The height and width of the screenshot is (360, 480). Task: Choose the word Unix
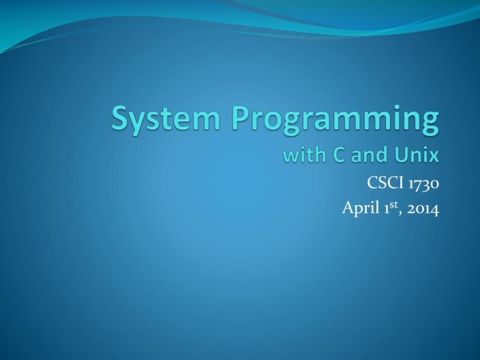pos(416,155)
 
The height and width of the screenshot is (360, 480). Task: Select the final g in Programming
pos(430,123)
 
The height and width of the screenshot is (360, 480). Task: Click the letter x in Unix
pos(434,157)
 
